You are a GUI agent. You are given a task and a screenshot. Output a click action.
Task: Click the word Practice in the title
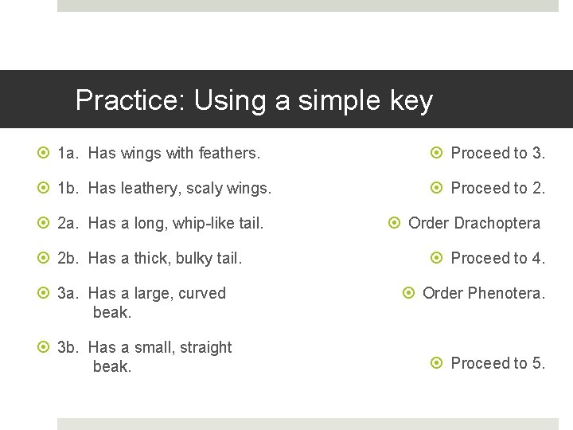(127, 100)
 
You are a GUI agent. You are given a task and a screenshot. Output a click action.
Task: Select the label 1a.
(69, 153)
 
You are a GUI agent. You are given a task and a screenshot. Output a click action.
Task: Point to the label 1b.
(69, 188)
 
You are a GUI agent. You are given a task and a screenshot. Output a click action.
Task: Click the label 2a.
(69, 223)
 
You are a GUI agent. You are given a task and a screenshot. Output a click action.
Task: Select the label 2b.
(69, 258)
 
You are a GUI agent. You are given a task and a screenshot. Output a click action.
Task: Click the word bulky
(196, 259)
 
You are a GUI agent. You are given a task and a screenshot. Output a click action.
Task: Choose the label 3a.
(69, 293)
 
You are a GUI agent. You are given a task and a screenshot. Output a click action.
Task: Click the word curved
(203, 293)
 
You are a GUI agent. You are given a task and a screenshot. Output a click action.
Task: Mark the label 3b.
(69, 347)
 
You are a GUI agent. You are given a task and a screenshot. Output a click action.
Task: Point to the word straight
(205, 348)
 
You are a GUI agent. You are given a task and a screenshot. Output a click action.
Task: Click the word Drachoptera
(497, 224)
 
